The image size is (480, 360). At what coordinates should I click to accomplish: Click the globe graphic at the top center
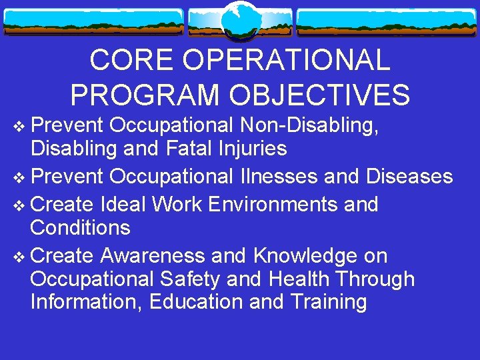click(240, 21)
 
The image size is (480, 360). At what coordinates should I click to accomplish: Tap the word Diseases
click(409, 177)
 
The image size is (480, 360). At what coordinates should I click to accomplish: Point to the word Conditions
click(80, 228)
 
